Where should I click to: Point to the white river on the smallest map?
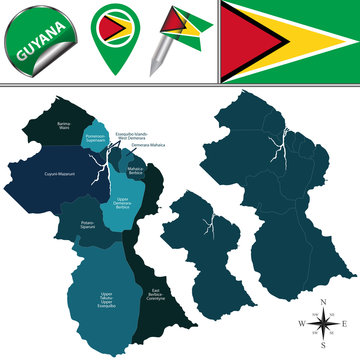pyautogui.click(x=204, y=226)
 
